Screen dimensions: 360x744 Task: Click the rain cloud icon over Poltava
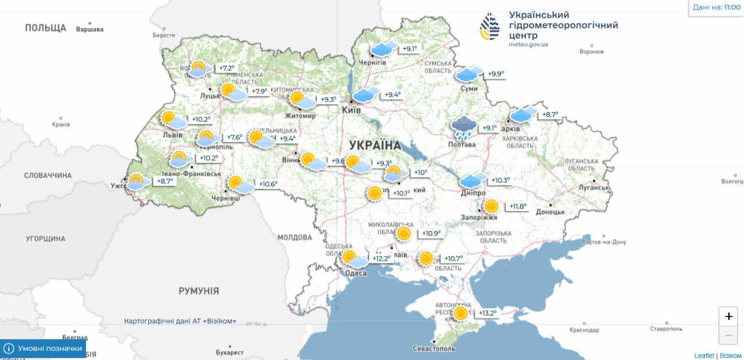coord(464,128)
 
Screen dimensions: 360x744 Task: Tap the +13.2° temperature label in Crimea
coord(488,313)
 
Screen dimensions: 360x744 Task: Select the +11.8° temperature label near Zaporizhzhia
coord(518,206)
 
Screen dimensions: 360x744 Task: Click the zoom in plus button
coord(728,317)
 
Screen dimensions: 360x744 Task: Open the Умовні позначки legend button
coord(43,348)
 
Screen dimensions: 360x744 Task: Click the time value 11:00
coord(732,7)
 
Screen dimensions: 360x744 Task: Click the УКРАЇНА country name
coord(375,145)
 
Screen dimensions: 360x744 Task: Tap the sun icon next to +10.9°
coord(403,234)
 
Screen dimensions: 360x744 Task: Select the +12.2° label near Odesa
coord(381,258)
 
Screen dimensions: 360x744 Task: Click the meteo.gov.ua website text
coord(528,44)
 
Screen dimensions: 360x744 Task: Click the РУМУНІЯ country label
coord(199,291)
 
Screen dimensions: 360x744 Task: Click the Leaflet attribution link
coord(703,355)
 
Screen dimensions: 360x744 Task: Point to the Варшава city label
coord(90,29)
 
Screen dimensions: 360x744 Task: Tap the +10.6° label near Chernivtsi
coord(268,184)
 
